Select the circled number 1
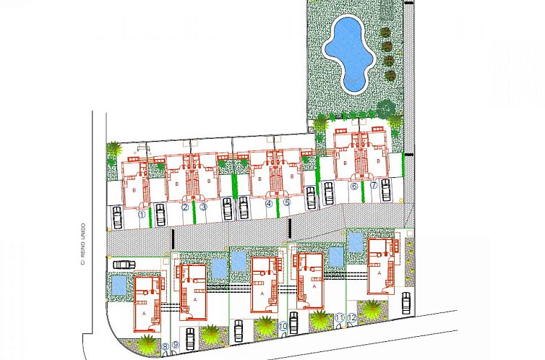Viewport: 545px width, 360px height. click(142, 213)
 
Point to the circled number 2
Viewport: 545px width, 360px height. click(185, 208)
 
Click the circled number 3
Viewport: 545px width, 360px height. click(203, 208)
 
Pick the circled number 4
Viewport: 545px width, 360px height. click(270, 204)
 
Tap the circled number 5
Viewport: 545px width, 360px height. click(287, 203)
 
